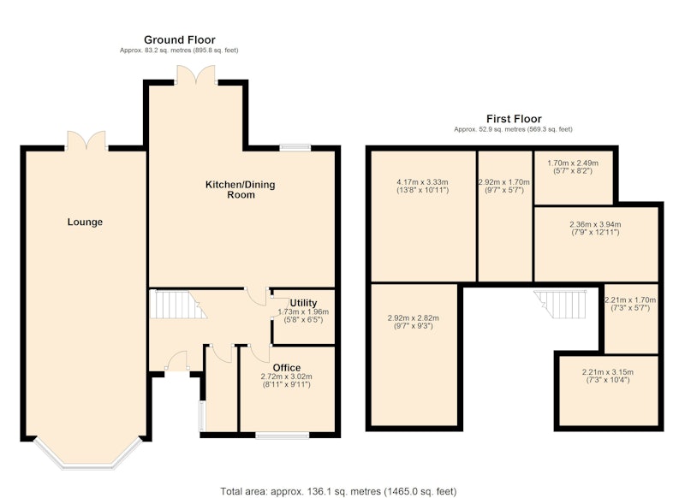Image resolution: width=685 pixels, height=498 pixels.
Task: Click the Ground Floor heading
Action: pos(180,40)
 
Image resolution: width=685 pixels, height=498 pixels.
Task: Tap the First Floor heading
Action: pos(514,119)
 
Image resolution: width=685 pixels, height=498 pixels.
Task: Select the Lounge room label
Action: pos(85,222)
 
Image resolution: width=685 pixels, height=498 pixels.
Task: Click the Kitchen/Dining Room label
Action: pos(241,189)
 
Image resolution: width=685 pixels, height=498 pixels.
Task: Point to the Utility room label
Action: pos(304,303)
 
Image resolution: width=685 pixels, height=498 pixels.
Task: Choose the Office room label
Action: pos(287,367)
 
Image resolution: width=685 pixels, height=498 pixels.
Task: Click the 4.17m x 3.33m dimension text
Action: pos(422,182)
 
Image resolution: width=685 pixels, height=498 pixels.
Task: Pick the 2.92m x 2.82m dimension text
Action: pos(414,318)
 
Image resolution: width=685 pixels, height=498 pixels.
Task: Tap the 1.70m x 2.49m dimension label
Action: pos(573,163)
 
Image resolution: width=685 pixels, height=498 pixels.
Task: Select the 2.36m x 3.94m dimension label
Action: pos(595,224)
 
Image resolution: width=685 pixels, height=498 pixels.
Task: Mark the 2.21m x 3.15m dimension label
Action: pos(608,372)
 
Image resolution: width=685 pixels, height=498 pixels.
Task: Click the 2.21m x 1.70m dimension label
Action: pos(630,299)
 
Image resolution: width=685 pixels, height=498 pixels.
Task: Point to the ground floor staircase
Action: pos(177,305)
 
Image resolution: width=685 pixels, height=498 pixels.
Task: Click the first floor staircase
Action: pos(561,305)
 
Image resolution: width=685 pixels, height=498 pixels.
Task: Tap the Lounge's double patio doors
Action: pos(86,140)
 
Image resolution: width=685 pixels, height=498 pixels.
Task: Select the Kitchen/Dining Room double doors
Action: pos(196,74)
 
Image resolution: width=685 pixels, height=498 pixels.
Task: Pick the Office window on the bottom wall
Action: pos(283,435)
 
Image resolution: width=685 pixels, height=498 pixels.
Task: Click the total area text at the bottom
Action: pos(338,491)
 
